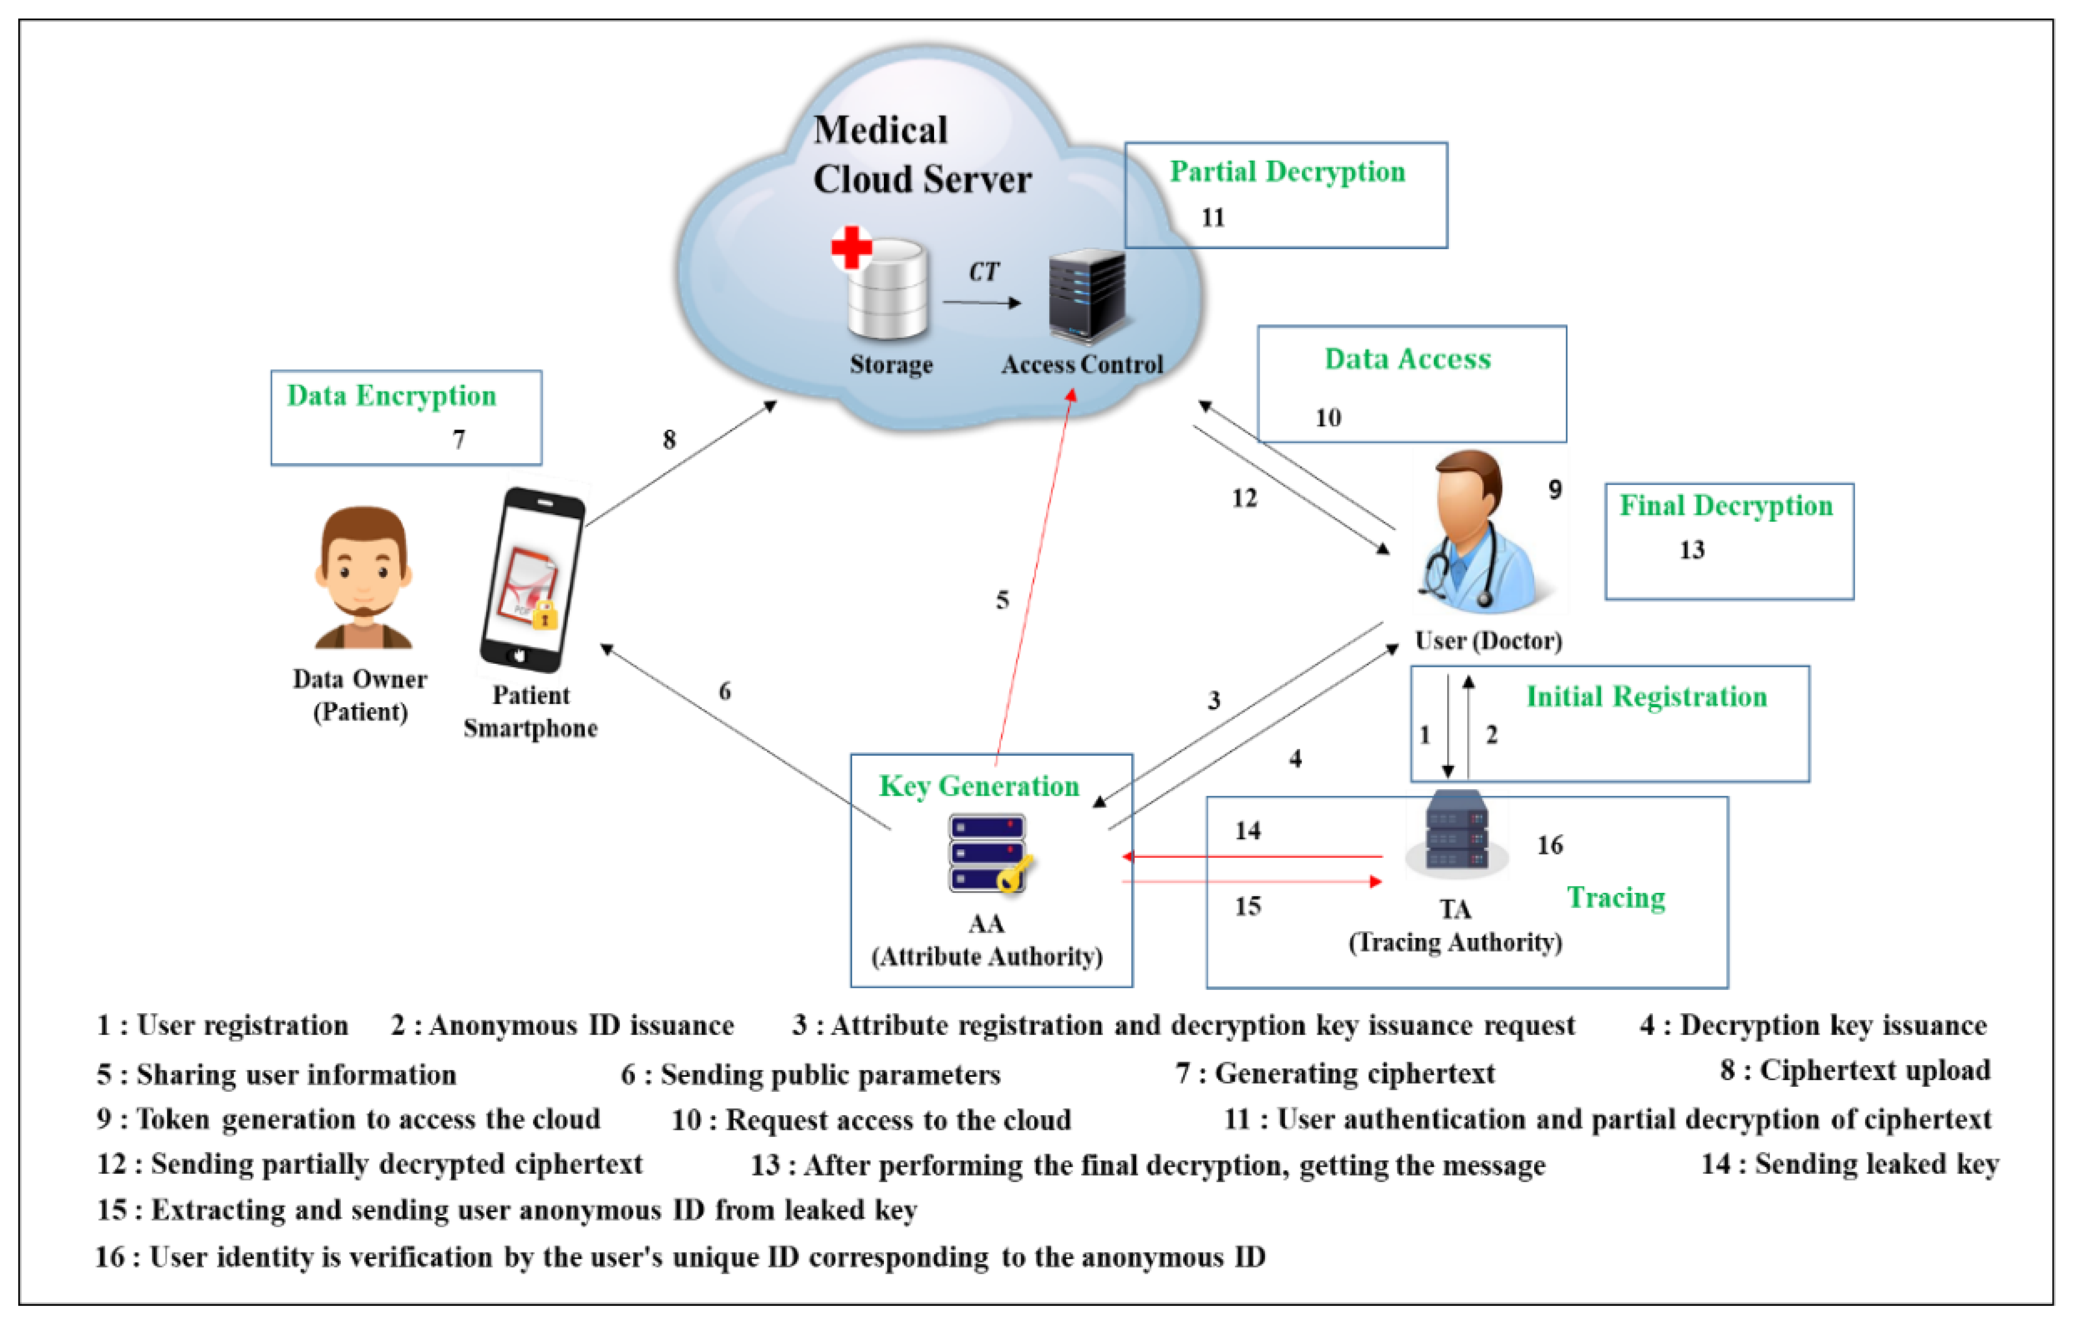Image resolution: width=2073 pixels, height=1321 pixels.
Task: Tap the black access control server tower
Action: [x=1086, y=297]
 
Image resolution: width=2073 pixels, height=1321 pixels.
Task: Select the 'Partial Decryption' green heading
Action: [x=1287, y=172]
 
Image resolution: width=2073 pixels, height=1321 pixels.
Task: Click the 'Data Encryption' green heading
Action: [x=392, y=396]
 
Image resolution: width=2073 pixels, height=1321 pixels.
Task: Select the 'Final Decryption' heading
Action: [x=1726, y=506]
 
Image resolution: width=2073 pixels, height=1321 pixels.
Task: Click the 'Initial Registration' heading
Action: [x=1646, y=697]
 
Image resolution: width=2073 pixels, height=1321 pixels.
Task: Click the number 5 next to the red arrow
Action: [x=1002, y=601]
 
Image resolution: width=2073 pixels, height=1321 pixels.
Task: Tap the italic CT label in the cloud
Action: [x=983, y=273]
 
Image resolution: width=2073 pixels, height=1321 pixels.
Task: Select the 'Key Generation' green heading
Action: [x=979, y=787]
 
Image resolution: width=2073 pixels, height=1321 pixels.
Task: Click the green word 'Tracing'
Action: [x=1616, y=898]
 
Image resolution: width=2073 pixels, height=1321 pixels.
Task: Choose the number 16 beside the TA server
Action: [x=1550, y=846]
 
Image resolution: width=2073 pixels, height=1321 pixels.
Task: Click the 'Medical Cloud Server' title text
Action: [x=921, y=155]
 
